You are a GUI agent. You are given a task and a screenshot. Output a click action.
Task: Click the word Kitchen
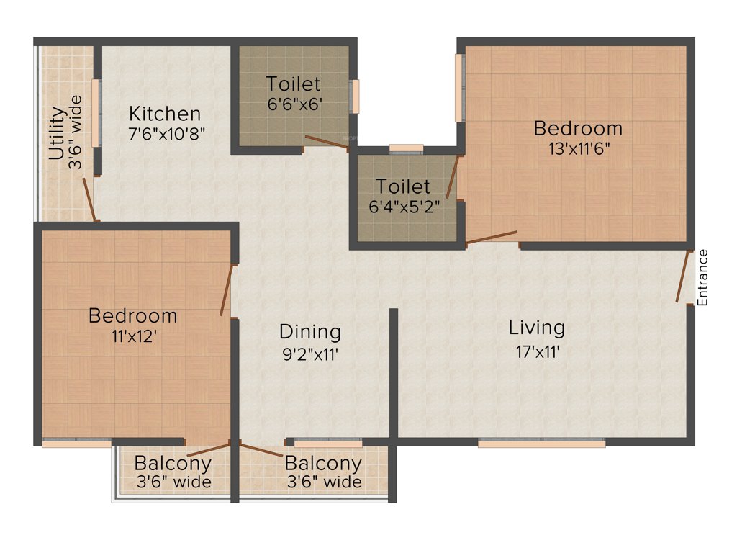[165, 114]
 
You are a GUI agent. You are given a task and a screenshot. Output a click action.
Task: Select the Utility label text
[58, 134]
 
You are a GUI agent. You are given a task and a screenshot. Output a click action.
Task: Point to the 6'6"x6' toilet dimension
[293, 104]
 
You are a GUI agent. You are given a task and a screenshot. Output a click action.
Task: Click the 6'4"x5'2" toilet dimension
[404, 207]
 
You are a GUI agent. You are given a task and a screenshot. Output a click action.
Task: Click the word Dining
[309, 332]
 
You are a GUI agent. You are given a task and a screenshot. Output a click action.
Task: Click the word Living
[537, 328]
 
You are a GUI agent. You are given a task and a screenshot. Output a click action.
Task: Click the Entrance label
[703, 277]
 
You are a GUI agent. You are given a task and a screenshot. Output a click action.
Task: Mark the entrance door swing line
[683, 276]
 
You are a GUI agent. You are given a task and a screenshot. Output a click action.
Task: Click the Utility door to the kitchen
[89, 198]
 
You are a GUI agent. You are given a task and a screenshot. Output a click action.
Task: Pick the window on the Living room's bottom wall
[541, 444]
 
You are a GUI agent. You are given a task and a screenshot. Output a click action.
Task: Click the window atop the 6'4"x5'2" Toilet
[406, 148]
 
